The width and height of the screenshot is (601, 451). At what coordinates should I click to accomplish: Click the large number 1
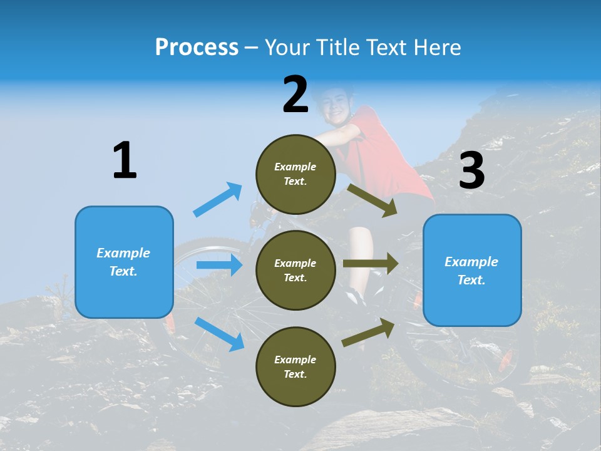click(x=125, y=161)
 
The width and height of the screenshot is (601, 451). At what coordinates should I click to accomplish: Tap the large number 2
click(x=295, y=95)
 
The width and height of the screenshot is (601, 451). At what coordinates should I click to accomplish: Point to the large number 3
click(x=471, y=171)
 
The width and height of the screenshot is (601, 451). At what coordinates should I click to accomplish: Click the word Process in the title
click(x=197, y=47)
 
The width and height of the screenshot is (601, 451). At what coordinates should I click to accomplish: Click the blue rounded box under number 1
click(x=124, y=262)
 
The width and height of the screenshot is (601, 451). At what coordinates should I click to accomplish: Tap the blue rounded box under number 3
click(x=472, y=270)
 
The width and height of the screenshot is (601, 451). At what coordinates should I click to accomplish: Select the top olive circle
click(x=295, y=174)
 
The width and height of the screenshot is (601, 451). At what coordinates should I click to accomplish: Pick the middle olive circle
click(x=295, y=270)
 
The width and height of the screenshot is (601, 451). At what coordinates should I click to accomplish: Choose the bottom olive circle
click(x=295, y=366)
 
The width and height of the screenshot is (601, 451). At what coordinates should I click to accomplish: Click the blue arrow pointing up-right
click(x=218, y=199)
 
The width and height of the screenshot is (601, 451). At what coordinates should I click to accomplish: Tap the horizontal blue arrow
click(x=219, y=265)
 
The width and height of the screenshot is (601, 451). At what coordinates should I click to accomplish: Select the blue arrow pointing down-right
click(x=220, y=334)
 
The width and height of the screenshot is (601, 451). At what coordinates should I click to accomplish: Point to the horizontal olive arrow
click(x=371, y=264)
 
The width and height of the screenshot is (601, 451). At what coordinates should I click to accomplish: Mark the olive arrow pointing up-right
click(x=369, y=333)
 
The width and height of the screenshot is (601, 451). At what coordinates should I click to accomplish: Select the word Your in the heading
click(x=285, y=47)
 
